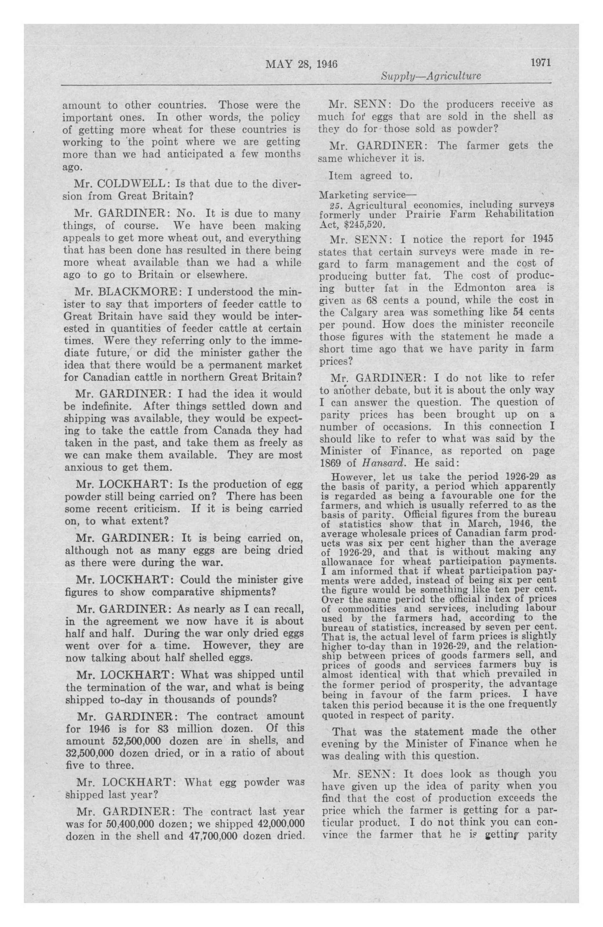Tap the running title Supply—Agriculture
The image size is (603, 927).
431,76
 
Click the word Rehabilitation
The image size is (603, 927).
519,214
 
